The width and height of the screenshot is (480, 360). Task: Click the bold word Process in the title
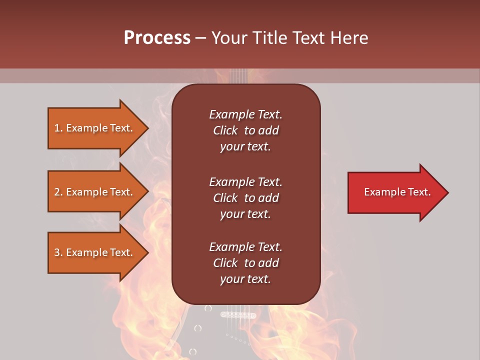point(157,38)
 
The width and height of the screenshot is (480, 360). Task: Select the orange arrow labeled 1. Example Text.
point(95,128)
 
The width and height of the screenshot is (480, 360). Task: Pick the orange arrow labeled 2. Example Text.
point(95,192)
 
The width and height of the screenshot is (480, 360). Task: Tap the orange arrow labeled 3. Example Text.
point(95,252)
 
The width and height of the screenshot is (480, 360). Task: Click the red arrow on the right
point(395,192)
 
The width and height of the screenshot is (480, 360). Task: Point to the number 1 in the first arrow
point(57,128)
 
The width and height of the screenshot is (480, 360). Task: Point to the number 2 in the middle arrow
point(57,192)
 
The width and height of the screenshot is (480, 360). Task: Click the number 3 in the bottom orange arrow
point(57,252)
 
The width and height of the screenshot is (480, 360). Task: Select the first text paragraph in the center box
point(245,130)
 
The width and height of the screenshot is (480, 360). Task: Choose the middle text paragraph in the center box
point(245,198)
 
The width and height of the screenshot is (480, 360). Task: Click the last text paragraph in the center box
point(245,263)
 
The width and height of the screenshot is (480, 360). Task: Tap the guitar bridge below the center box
point(238,315)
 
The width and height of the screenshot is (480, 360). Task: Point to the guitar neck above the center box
point(239,76)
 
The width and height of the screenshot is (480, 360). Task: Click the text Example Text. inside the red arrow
point(397,192)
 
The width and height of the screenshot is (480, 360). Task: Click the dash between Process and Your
point(200,38)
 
